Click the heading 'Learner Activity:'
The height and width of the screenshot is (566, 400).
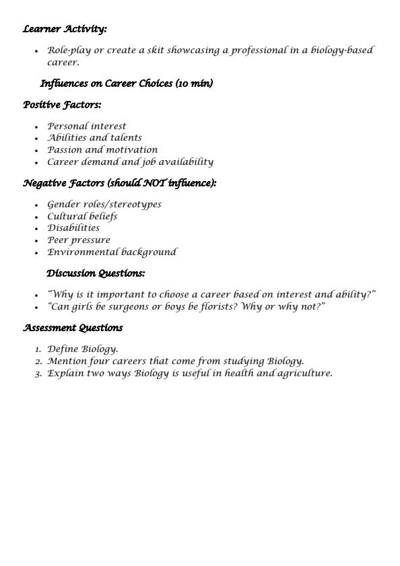65,29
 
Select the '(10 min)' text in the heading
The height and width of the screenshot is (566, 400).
194,83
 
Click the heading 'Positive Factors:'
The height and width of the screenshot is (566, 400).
62,105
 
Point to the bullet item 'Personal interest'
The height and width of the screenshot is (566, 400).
86,126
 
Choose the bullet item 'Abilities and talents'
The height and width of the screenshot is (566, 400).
94,138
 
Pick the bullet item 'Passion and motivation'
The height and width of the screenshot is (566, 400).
102,150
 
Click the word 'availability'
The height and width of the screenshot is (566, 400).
187,162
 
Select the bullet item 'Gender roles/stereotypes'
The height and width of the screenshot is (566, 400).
104,205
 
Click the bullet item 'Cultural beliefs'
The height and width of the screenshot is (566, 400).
82,217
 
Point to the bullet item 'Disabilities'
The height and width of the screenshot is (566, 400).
73,228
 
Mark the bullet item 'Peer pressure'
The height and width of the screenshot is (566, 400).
79,240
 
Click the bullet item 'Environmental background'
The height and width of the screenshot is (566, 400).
112,252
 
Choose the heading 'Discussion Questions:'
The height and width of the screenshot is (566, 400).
96,273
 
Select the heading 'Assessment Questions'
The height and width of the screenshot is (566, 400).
73,328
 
